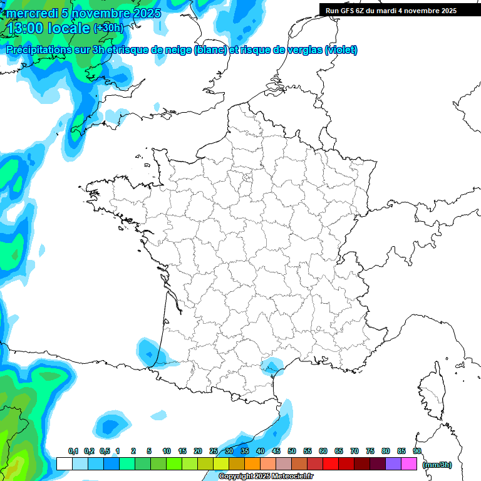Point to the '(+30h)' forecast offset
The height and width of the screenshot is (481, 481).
[x=109, y=28]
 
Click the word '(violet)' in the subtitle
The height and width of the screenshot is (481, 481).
[x=341, y=50]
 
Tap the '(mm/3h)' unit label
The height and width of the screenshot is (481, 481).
[x=437, y=464]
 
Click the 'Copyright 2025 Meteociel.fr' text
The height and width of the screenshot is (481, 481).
[x=274, y=477]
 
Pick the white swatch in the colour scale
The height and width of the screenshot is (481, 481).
[x=64, y=464]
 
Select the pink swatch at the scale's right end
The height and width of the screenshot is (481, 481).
[x=409, y=464]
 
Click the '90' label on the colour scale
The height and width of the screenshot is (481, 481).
[x=417, y=451]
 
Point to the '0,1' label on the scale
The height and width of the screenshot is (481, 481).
[x=73, y=451]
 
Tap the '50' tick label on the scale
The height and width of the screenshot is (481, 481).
[x=292, y=451]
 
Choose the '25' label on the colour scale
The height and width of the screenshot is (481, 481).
[x=214, y=451]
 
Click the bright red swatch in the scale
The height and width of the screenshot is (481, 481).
[x=331, y=464]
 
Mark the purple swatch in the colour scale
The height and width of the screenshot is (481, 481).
[x=393, y=464]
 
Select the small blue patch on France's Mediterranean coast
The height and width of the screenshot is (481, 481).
[x=271, y=365]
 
